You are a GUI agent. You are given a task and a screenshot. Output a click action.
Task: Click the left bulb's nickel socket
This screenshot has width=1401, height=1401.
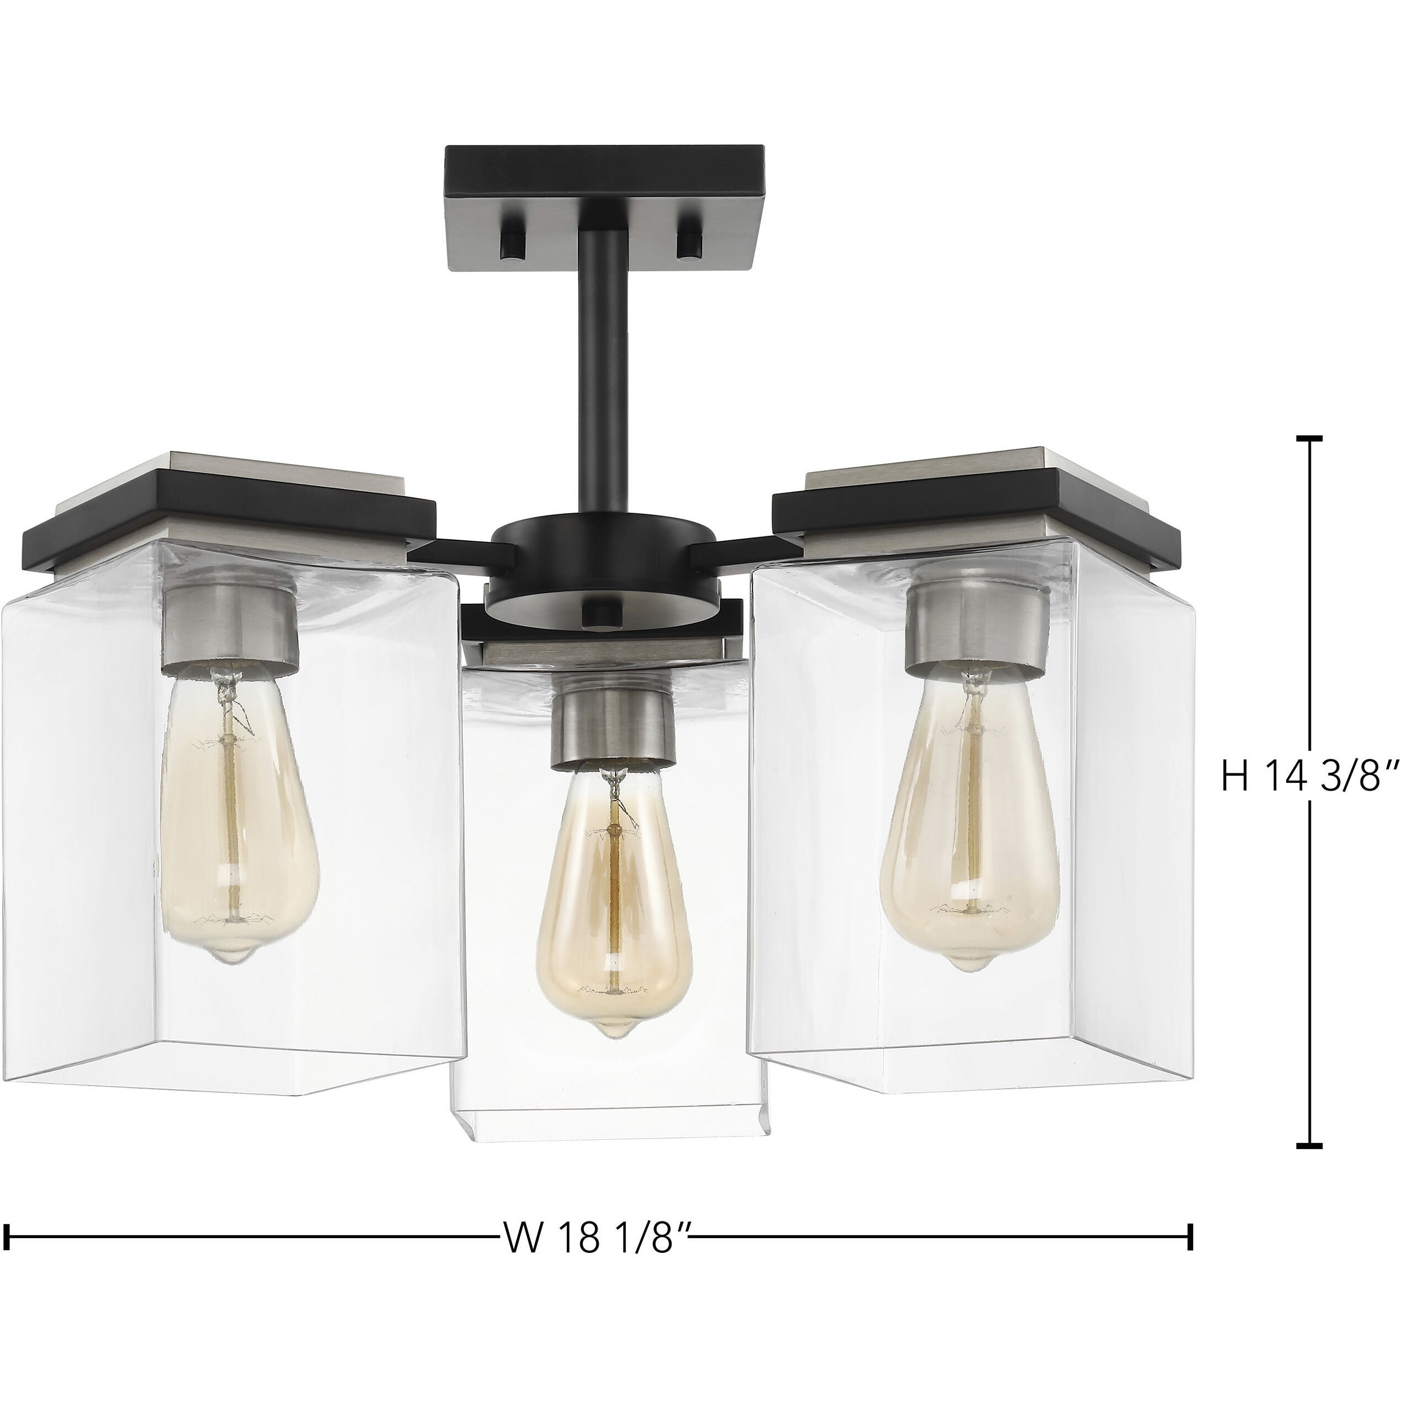[x=230, y=613]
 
